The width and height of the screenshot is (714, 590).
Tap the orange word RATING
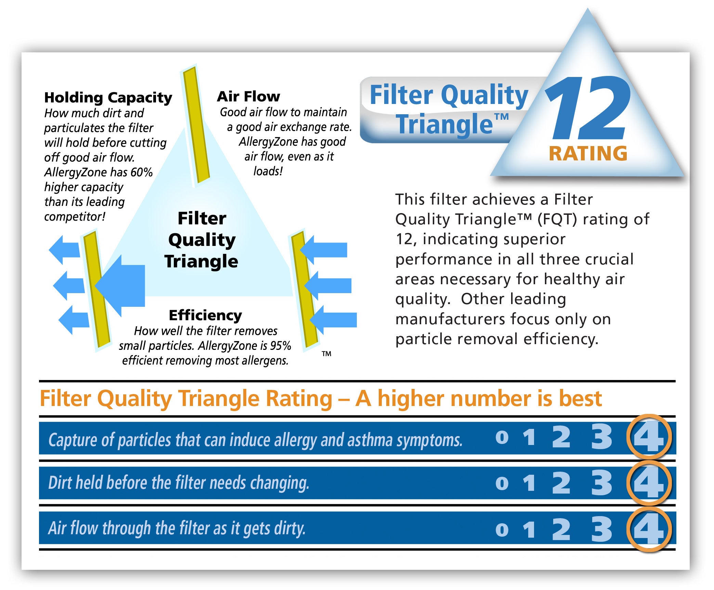[x=588, y=153]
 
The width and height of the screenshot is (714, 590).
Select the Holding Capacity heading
[x=108, y=98]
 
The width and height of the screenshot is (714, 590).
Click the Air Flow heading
[x=248, y=96]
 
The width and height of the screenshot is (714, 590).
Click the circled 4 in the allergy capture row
[x=649, y=437]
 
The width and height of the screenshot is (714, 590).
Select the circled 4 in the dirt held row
[x=649, y=483]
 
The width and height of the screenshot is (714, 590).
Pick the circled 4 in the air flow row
[x=649, y=529]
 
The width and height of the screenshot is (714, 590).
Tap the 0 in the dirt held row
[x=502, y=484]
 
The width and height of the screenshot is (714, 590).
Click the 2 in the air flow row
[x=561, y=529]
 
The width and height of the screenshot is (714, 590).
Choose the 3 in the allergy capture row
[x=601, y=437]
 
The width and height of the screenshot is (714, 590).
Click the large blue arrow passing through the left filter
[x=120, y=286]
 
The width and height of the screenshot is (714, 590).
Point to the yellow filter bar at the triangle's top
[x=196, y=125]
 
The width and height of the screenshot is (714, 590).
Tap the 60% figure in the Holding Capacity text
[x=141, y=172]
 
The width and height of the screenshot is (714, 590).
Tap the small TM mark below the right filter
[x=326, y=354]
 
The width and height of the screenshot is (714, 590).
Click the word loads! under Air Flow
[x=268, y=171]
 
